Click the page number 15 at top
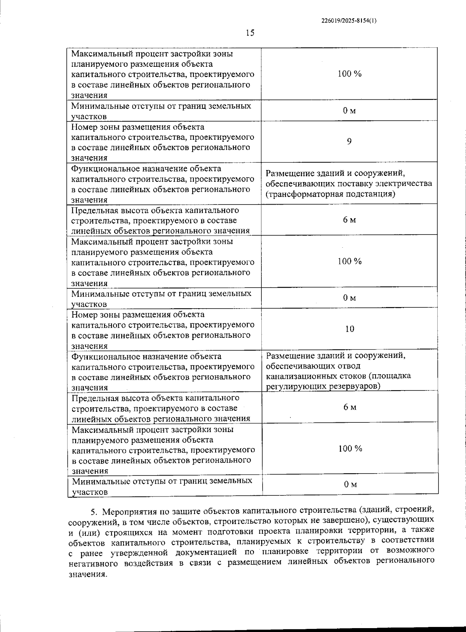[250, 33]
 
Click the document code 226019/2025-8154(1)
[349, 21]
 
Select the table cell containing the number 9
[349, 141]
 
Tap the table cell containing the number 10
[349, 329]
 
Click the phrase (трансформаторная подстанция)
[330, 194]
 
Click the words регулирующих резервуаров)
[323, 386]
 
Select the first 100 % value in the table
[349, 74]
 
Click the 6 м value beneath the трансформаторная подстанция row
[349, 220]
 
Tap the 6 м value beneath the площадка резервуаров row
[350, 407]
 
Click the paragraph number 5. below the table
[93, 510]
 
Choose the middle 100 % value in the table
[349, 261]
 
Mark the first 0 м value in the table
[349, 111]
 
